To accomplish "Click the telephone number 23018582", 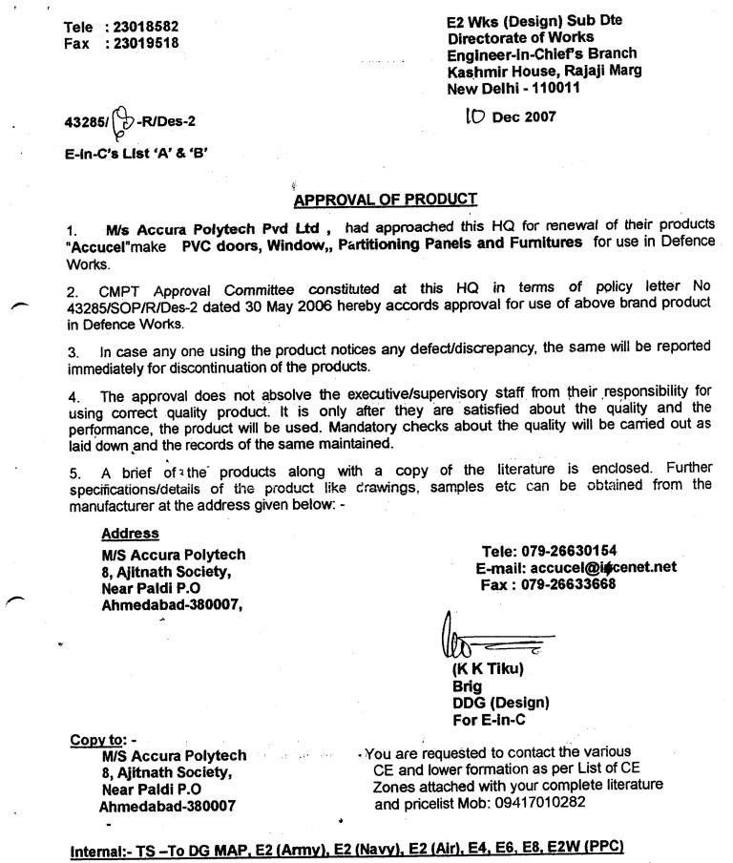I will click(x=146, y=27).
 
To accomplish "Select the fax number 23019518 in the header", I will click(x=146, y=43).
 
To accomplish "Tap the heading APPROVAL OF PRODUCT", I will click(x=386, y=200).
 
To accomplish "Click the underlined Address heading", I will click(x=130, y=534).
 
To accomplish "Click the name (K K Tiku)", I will click(x=488, y=669).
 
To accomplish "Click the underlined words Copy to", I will click(x=101, y=739).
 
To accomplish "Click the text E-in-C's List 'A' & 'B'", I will click(x=135, y=152).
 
